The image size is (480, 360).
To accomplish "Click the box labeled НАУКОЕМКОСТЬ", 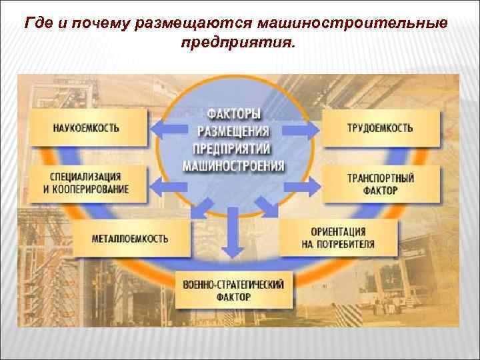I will coord(87,127).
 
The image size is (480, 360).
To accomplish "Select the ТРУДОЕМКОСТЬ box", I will coord(381,127).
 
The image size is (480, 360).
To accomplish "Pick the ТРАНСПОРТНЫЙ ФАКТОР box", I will coord(381,184).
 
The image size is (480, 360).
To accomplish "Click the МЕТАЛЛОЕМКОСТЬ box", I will coord(131,237).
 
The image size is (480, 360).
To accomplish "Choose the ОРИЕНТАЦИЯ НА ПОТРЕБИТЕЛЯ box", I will coord(339,238).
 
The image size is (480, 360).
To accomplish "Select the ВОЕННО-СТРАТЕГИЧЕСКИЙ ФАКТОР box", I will coord(233,290).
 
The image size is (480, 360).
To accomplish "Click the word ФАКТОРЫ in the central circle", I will coord(233,115).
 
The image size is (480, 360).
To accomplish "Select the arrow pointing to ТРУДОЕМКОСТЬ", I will coord(305,127).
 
